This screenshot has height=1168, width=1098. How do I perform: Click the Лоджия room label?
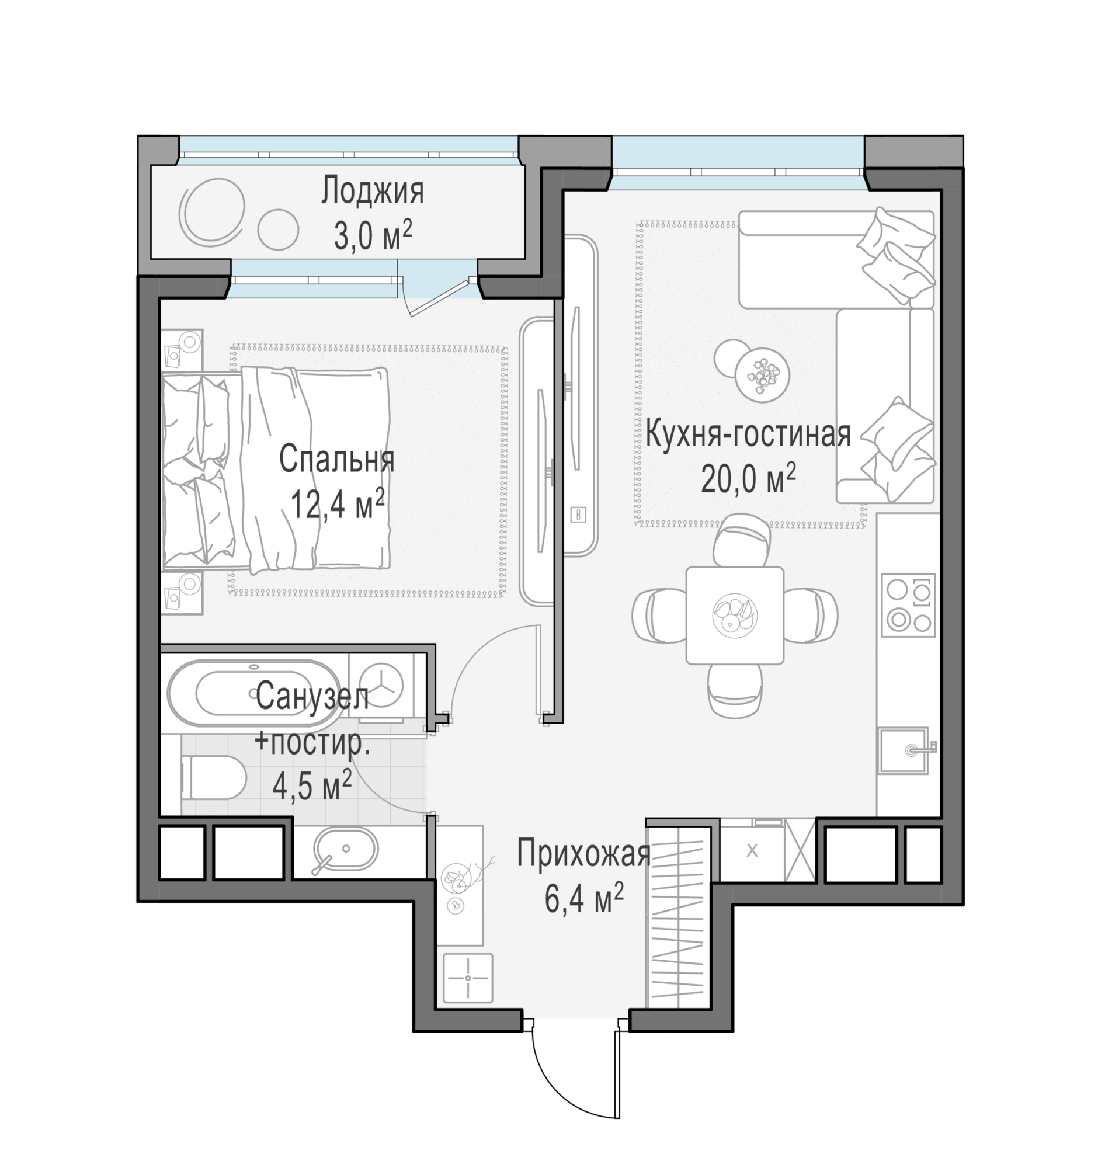tap(373, 191)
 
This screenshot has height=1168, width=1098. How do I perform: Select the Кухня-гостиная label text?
tap(748, 434)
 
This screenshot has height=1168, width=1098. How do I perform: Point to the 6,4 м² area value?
tap(584, 898)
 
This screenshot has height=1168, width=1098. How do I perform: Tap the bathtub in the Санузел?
tap(255, 694)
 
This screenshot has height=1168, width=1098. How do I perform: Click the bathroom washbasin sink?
tap(345, 849)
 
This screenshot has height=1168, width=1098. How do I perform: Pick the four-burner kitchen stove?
tap(908, 605)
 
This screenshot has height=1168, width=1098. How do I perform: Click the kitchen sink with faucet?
tap(905, 751)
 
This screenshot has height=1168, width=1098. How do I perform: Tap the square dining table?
tap(734, 615)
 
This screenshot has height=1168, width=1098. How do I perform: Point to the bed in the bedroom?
tap(276, 470)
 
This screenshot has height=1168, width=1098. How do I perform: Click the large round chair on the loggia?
tap(211, 212)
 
